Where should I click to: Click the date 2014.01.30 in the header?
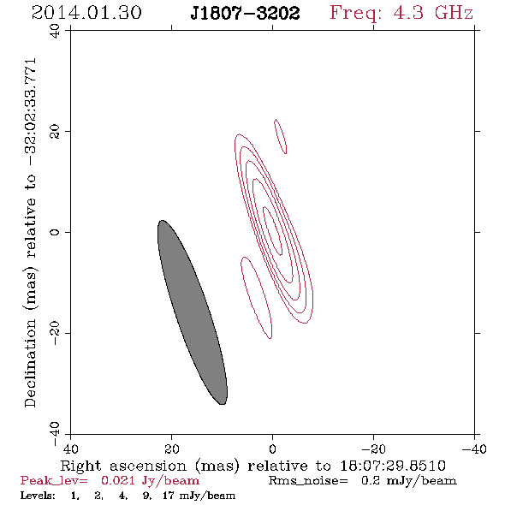click(x=86, y=13)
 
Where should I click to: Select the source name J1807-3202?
click(x=245, y=14)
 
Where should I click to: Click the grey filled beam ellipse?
click(x=193, y=312)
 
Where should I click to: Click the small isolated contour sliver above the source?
click(x=280, y=136)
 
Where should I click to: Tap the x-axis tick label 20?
click(x=172, y=449)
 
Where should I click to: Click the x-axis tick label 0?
click(x=272, y=449)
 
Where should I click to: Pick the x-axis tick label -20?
click(x=373, y=449)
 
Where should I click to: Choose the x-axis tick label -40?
click(x=474, y=449)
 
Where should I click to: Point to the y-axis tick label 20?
click(x=55, y=132)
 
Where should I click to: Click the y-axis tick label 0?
click(x=55, y=232)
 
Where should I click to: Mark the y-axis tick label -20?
click(x=55, y=333)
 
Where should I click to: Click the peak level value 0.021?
click(x=118, y=480)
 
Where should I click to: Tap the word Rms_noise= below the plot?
click(x=308, y=481)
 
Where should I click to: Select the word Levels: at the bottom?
click(x=38, y=496)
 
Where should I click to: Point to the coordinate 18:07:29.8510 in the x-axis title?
click(x=393, y=466)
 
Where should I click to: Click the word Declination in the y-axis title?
click(x=30, y=364)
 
